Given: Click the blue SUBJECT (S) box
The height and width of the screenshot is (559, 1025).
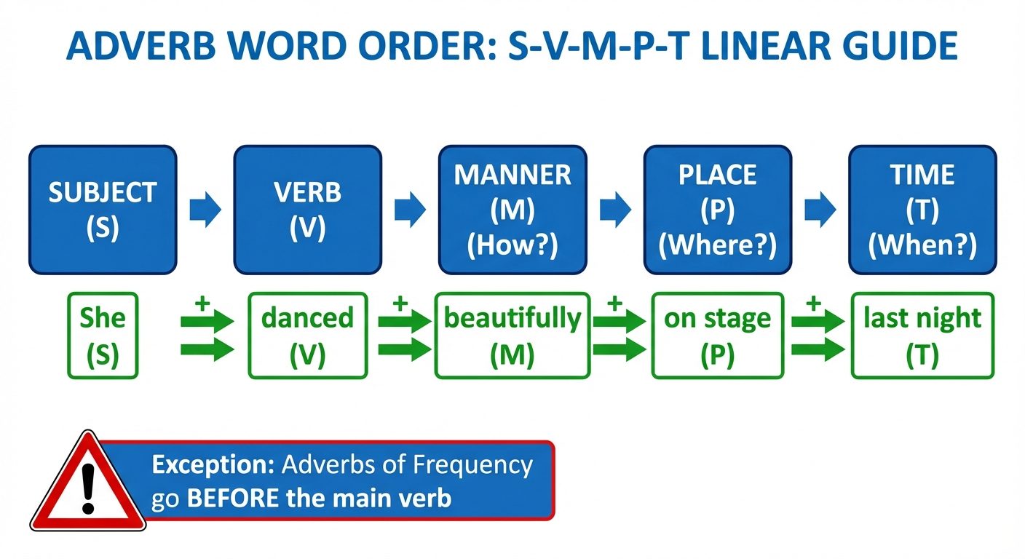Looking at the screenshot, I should coord(103,210).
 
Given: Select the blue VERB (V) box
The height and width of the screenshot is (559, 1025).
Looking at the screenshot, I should coord(307,210).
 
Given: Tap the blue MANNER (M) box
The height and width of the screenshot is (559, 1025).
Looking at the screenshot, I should coord(512,210).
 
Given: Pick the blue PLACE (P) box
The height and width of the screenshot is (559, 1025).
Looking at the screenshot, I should coord(717,210).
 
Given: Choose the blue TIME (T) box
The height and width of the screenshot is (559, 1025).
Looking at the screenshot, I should coord(922,210).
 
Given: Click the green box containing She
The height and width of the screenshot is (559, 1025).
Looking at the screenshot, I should coord(103,336).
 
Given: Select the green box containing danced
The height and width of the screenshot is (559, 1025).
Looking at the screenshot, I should coord(307,336).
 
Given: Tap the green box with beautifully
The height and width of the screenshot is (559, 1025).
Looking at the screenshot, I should coord(512,336).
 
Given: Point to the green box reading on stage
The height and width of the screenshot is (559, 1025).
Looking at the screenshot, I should coord(717,336).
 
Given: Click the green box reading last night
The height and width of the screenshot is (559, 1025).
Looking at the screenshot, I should coord(922,336).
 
